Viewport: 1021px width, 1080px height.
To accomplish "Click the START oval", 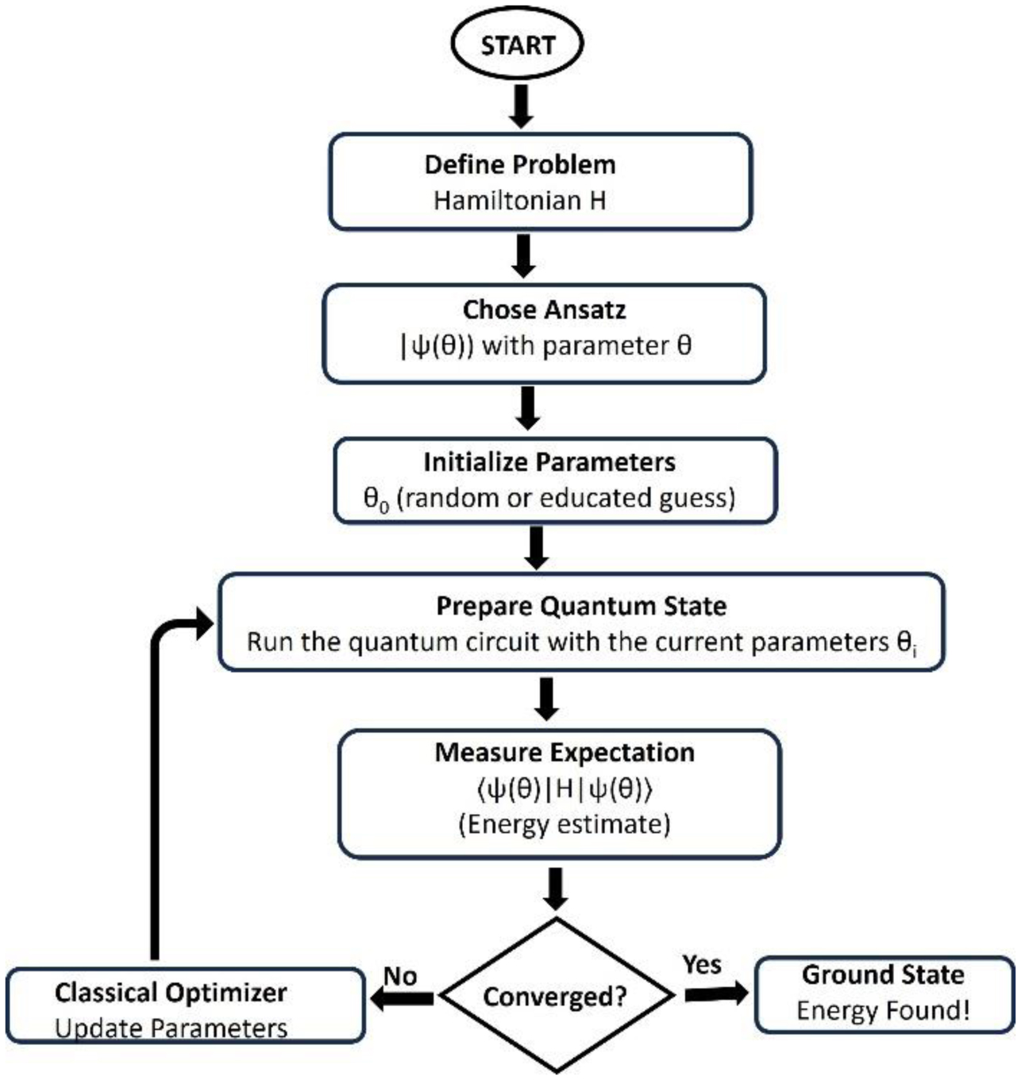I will [x=517, y=44].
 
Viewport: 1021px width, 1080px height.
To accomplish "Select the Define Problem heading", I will [x=520, y=164].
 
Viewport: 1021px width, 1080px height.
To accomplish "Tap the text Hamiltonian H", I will [x=520, y=200].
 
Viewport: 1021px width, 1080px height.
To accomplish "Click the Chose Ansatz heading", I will [x=544, y=309].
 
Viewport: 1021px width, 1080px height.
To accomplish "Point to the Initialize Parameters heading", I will [x=549, y=461].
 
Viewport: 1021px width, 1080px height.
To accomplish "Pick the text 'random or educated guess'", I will [x=564, y=498].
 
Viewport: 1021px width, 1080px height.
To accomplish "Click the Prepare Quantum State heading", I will [x=581, y=606].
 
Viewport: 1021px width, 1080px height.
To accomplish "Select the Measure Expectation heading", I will [x=564, y=752].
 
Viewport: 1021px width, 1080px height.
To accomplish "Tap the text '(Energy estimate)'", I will [x=564, y=824].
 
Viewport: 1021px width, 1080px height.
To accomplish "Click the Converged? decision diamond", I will [x=556, y=996].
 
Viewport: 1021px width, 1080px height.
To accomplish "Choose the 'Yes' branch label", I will [x=702, y=964].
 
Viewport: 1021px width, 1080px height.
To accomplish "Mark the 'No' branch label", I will [x=400, y=975].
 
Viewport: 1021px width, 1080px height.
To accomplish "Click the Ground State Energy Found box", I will [x=884, y=993].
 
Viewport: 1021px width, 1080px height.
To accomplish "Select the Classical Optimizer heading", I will [x=171, y=992].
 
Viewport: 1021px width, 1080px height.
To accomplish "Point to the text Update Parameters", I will [x=171, y=1028].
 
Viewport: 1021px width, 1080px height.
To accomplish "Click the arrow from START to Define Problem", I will [x=520, y=106].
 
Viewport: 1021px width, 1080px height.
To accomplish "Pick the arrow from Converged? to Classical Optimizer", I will [x=403, y=997].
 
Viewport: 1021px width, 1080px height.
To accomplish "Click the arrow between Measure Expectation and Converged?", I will [x=556, y=888].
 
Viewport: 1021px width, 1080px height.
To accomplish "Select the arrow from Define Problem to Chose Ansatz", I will [x=522, y=256].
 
